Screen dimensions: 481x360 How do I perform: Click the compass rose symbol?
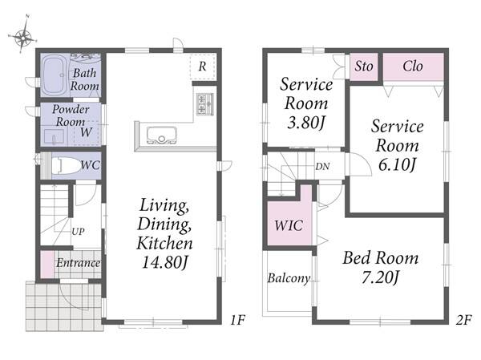22,37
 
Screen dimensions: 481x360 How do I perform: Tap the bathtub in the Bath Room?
55,75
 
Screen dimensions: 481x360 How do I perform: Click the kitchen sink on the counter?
162,135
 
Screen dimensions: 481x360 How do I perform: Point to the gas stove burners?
204,103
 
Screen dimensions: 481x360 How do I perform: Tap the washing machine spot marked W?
87,132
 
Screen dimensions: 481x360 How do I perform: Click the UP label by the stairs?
78,232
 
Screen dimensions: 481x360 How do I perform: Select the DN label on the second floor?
322,167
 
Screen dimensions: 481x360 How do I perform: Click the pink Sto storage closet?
364,67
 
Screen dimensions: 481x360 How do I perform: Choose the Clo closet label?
413,67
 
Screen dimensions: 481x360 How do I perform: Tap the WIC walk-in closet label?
289,225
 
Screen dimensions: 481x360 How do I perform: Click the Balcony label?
289,278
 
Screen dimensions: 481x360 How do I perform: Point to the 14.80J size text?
164,263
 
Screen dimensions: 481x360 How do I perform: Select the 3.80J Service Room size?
306,123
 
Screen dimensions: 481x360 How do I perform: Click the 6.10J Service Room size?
397,165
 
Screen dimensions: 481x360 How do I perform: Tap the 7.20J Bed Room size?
380,278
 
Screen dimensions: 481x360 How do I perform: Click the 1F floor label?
238,320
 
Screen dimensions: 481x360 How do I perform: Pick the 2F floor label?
463,320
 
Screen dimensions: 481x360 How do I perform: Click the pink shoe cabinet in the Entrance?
47,265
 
